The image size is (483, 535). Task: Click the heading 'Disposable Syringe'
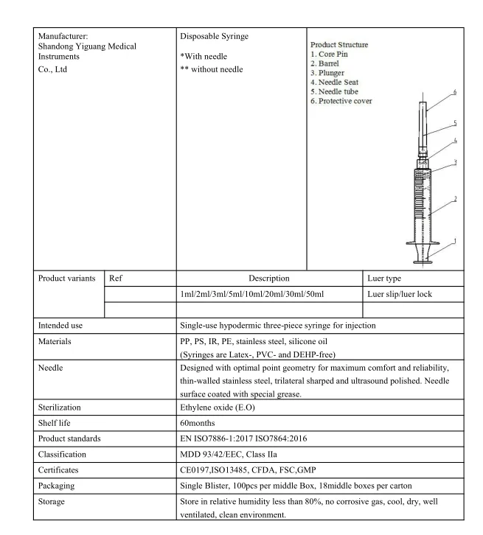tap(214, 35)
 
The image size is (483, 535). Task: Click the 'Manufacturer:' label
tap(63, 35)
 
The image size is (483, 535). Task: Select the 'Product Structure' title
tap(339, 45)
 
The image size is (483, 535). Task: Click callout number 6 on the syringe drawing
tap(455, 92)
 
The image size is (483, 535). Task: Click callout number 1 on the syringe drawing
tap(454, 241)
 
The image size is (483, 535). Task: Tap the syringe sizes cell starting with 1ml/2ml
tap(252, 294)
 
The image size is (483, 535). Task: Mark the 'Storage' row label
tap(54, 502)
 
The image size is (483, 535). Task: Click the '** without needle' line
tap(211, 69)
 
